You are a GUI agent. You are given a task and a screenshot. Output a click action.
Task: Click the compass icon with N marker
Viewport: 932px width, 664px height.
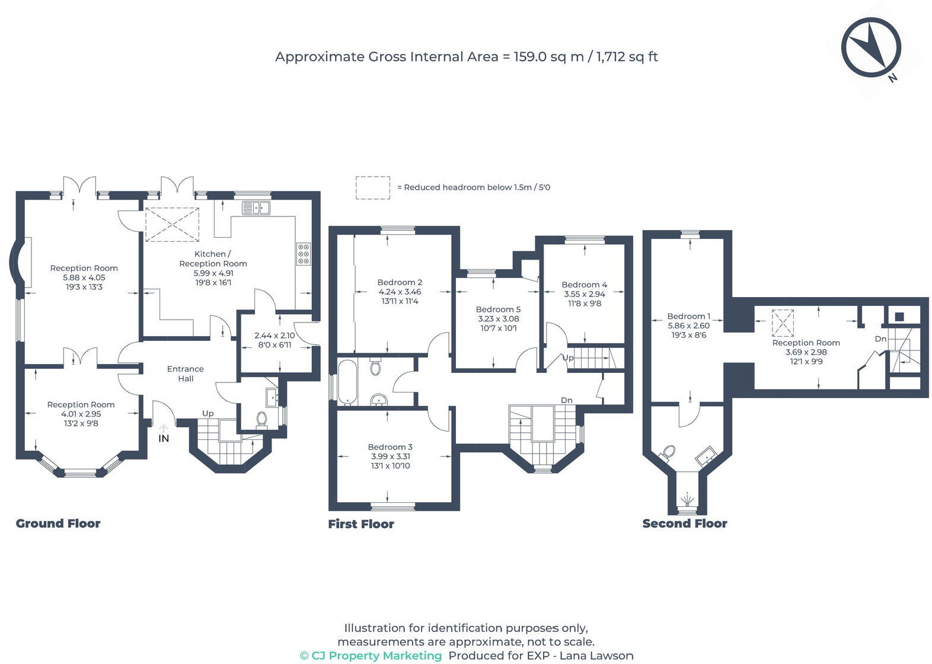(871, 47)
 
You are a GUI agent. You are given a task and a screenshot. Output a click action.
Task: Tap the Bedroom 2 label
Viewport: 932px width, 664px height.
(400, 282)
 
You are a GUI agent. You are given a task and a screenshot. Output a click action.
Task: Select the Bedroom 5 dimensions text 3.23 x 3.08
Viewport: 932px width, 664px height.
(498, 318)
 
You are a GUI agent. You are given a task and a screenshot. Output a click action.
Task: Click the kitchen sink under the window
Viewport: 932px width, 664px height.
(256, 208)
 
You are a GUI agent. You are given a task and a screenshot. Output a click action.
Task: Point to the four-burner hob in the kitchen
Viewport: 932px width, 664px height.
(304, 253)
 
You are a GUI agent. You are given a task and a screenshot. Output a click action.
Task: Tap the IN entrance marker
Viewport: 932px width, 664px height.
(164, 438)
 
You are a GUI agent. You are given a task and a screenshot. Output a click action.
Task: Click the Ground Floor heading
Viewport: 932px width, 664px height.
(58, 523)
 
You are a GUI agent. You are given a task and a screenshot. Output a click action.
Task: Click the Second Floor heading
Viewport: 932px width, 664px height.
(685, 523)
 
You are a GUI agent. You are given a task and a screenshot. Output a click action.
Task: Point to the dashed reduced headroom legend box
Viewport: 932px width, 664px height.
(372, 187)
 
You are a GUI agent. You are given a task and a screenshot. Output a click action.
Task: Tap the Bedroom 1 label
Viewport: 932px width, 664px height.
(688, 316)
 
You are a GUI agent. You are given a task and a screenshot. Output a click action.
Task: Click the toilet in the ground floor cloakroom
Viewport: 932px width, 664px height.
(261, 419)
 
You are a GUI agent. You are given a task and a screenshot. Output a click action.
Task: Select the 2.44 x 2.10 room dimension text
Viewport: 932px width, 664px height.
(275, 335)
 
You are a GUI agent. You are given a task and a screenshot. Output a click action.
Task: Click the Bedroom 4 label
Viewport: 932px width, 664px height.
(584, 285)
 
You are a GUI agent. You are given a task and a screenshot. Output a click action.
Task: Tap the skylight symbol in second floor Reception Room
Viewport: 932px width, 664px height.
(783, 323)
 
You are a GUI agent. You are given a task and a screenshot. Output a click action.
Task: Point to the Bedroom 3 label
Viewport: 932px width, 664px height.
(390, 447)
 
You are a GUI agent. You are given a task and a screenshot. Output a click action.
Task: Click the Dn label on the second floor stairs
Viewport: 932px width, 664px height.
(880, 339)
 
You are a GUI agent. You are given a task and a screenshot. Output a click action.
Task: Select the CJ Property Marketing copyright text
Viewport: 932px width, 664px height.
(371, 655)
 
